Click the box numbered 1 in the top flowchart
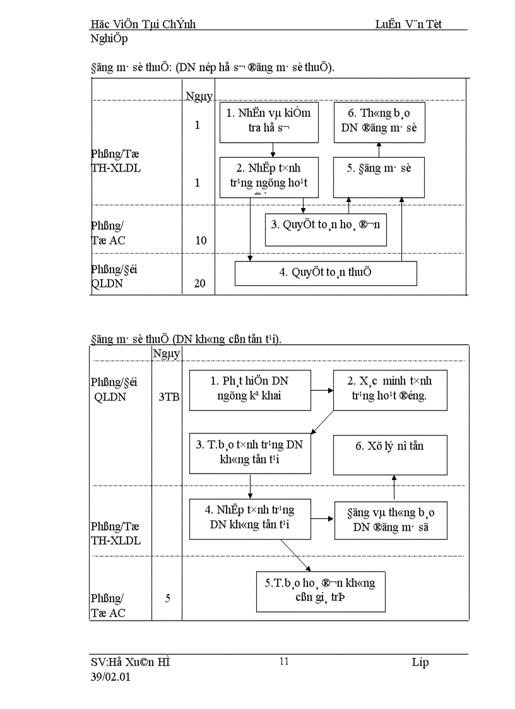click(269, 122)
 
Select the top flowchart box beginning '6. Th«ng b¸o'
click(379, 122)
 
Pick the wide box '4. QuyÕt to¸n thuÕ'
click(326, 273)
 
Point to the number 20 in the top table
click(199, 283)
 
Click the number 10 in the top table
click(201, 241)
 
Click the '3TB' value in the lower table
click(168, 397)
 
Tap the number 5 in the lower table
click(168, 597)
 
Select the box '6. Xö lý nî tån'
click(390, 454)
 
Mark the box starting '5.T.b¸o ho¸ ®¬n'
click(321, 591)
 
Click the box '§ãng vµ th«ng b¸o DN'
click(390, 520)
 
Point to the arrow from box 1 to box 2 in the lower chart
click(322, 390)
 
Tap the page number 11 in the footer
click(284, 662)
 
